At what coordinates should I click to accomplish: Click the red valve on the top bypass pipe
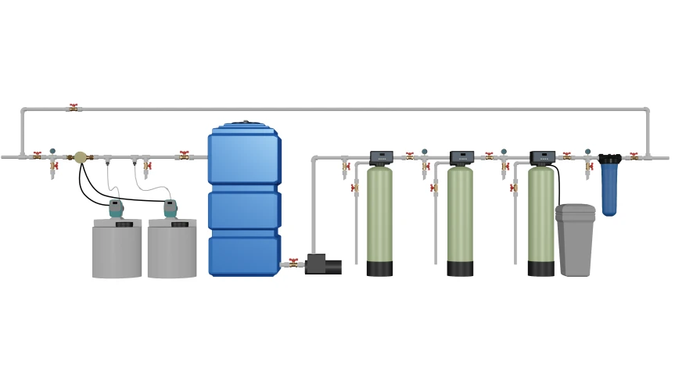(74, 108)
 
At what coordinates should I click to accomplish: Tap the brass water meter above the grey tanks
(80, 157)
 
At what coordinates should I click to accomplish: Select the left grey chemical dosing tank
(117, 250)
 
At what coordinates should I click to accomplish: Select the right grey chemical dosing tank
(172, 250)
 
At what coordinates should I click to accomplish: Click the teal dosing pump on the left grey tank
(116, 208)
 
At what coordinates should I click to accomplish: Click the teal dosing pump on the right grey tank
(171, 208)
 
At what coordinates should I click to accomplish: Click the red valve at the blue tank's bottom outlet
(293, 264)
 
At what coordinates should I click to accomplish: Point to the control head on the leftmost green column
(381, 157)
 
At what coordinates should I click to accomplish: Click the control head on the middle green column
(461, 157)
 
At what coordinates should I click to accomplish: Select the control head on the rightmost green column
(542, 157)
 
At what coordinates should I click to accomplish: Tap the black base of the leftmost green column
(379, 268)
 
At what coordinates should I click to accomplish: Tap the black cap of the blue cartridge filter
(609, 159)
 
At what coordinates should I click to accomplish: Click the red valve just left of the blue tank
(185, 156)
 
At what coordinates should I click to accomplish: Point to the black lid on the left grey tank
(124, 224)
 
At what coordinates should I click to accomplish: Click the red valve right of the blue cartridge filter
(634, 156)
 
